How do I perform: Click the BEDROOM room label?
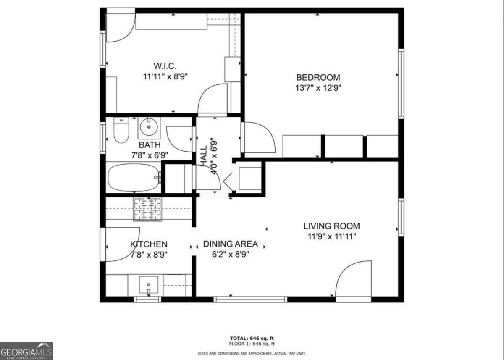coord(318,78)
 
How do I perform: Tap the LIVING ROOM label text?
coord(331,226)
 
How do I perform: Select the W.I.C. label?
coord(165,66)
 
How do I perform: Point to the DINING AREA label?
coord(230,244)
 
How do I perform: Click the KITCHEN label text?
coord(149,244)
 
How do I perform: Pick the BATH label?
coord(150,145)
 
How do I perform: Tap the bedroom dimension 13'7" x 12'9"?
coord(318,88)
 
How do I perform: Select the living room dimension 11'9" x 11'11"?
coord(331,236)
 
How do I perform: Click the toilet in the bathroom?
coord(121,131)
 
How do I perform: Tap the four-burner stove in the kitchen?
coord(148,209)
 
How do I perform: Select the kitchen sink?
coord(148,285)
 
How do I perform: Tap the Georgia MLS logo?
coord(26,351)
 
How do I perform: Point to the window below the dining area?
coord(250,300)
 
